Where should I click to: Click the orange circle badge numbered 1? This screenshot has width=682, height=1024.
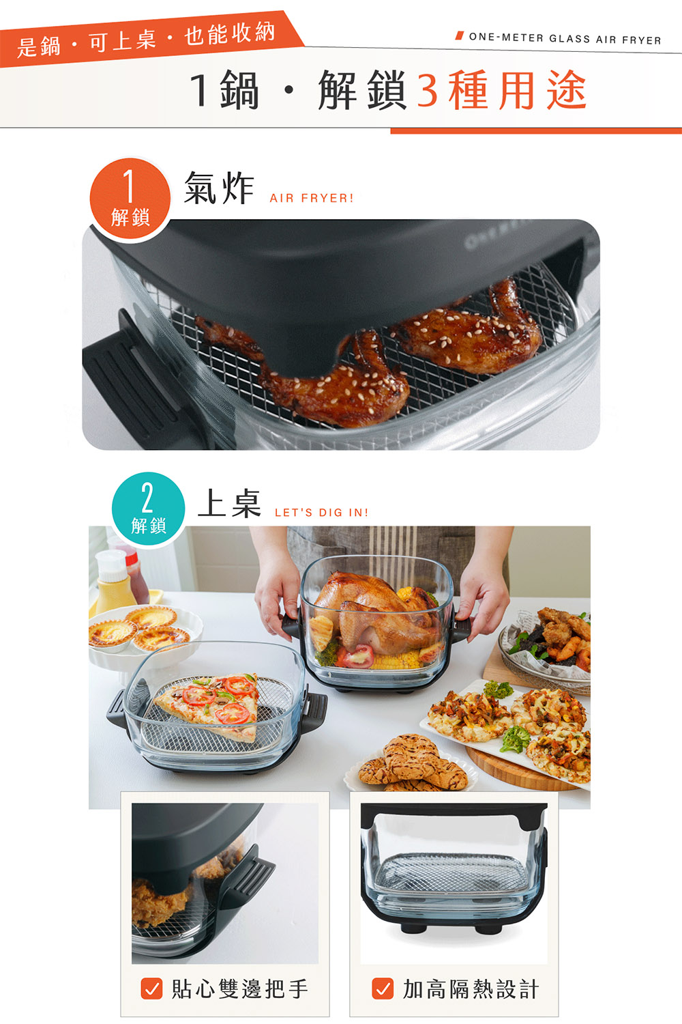coord(130,198)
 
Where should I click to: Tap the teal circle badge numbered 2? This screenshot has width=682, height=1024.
coord(149,509)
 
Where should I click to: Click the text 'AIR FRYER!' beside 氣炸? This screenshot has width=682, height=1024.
coord(312,198)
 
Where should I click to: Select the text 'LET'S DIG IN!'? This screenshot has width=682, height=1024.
coord(322,513)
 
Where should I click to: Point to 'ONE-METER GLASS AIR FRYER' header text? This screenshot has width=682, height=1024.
coord(565,39)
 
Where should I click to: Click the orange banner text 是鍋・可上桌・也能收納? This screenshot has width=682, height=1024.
coord(146,40)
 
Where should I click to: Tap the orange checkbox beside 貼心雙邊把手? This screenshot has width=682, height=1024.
coord(151,989)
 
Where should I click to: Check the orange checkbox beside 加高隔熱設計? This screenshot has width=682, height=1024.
coord(383,989)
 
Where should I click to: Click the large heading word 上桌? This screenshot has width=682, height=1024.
coord(229,503)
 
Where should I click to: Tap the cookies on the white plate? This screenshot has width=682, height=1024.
coord(413,763)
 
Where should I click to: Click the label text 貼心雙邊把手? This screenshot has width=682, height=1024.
coord(240,989)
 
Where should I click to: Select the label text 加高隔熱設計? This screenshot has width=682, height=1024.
coord(471,989)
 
